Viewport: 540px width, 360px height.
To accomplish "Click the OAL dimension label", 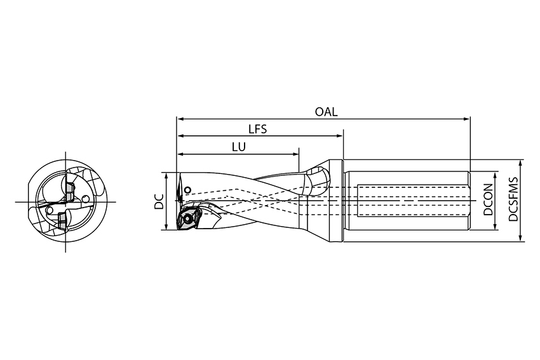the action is tap(326, 112).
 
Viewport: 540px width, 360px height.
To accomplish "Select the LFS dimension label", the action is tap(257, 129).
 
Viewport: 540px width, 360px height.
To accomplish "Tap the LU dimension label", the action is tap(239, 147).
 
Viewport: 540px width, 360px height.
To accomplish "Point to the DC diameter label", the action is tap(159, 201).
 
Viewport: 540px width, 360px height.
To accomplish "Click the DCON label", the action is tap(488, 199).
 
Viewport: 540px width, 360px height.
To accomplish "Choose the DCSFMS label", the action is tap(513, 199).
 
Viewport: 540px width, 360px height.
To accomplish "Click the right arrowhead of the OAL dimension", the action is tap(467, 119).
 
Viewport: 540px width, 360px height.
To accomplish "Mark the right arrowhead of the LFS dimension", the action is tap(340, 136).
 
